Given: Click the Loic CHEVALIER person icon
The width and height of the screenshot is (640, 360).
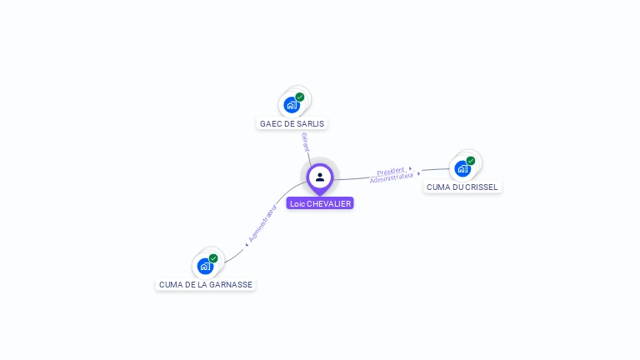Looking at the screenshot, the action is point(320,177).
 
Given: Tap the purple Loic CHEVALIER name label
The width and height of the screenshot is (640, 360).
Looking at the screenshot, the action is point(320,203).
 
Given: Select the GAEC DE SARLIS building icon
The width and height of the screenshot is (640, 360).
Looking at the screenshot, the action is point(291,105).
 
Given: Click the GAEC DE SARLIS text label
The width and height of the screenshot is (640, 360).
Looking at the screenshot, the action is point(292,123).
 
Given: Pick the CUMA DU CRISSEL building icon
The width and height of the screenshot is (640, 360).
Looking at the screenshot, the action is point(462,168).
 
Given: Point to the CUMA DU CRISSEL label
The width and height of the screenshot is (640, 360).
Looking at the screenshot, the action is point(462,187).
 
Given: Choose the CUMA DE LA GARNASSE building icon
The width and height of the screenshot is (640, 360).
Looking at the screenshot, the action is point(204,267).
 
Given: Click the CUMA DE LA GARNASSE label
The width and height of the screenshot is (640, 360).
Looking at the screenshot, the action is point(206,284).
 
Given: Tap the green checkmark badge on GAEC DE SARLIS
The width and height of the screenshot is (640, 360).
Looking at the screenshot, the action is point(300,97).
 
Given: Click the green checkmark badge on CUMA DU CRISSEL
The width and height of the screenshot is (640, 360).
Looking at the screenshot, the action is point(471,161).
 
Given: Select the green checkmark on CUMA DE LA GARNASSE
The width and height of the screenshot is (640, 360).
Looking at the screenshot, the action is point(213,258).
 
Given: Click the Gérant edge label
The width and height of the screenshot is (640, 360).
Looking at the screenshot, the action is point(306,142).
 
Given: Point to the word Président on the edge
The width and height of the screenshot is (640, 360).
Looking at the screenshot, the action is point(391,171).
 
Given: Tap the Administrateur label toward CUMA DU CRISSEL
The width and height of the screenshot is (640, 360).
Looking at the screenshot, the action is point(392,177).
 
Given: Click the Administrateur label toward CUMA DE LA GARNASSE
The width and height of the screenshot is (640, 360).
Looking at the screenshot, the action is point(262,222).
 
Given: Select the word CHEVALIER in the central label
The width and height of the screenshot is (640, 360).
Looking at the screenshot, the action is point(329,203).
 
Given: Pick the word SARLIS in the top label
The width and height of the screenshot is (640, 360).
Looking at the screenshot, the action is point(311,123).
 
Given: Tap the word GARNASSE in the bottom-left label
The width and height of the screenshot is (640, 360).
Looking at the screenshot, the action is point(231,284).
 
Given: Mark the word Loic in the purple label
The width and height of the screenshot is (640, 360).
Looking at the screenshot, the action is point(297,203).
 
